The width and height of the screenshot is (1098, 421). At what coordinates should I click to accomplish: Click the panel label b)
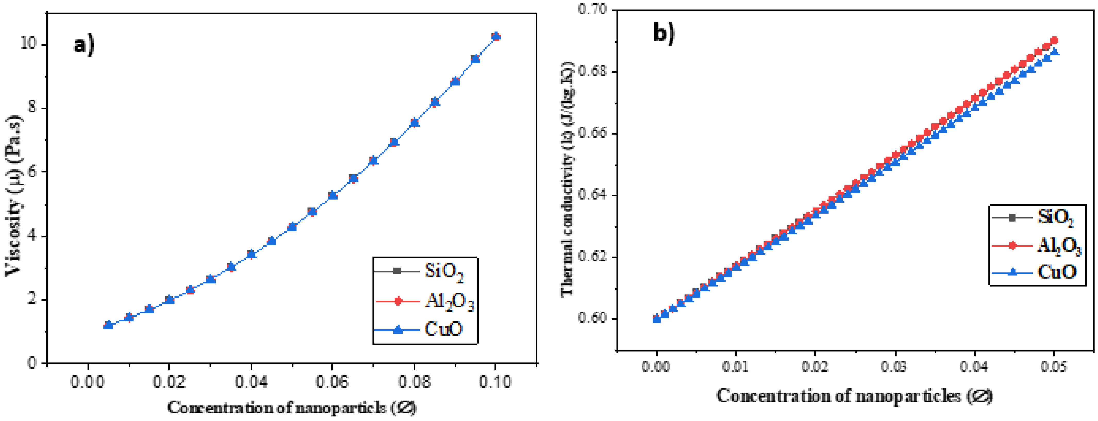664,32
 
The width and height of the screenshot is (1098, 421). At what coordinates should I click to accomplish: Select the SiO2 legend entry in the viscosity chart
443,271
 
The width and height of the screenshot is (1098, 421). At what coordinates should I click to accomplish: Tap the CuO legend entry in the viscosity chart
443,329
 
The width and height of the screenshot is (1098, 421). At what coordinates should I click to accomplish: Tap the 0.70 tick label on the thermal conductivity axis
593,9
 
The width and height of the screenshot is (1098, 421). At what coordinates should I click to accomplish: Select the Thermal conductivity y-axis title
568,179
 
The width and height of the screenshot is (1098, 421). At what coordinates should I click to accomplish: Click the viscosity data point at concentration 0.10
495,37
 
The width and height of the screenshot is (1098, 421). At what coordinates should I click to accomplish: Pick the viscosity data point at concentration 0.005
108,325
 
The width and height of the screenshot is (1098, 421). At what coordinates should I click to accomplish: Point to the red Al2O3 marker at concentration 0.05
1054,40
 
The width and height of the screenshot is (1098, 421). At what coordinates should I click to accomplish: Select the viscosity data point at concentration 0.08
414,123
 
